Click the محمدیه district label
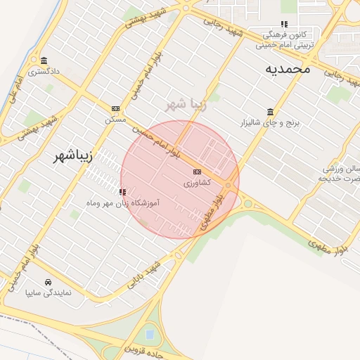pyautogui.click(x=288, y=69)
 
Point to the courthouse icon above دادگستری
pyautogui.click(x=44, y=60)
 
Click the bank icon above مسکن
pyautogui.click(x=115, y=108)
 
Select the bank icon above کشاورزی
pyautogui.click(x=197, y=172)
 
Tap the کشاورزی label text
pyautogui.click(x=197, y=183)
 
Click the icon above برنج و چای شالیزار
pyautogui.click(x=271, y=112)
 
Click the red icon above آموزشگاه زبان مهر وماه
pyautogui.click(x=122, y=191)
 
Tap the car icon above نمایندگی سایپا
pyautogui.click(x=48, y=281)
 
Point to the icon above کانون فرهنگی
pyautogui.click(x=284, y=24)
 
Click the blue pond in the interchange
pyautogui.click(x=149, y=333)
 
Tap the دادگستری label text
pyautogui.click(x=44, y=72)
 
